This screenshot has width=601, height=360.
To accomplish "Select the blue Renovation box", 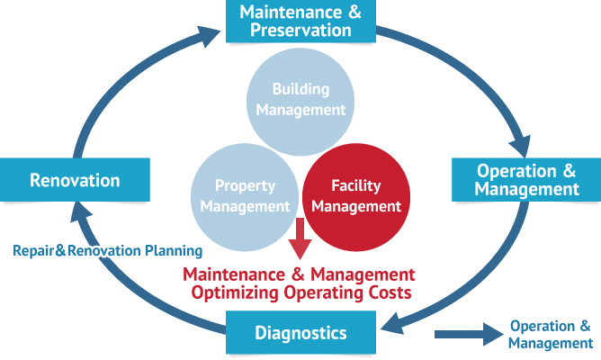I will click(75, 180).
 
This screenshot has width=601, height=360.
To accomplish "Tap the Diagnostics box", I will click(300, 334).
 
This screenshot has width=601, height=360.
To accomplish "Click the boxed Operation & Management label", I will click(526, 180).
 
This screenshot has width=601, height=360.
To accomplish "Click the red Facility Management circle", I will click(356, 196).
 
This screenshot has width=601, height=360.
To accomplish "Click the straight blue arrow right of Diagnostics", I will click(466, 335).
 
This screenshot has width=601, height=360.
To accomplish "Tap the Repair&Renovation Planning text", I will click(107, 251).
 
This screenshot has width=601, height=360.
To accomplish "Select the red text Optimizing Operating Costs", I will click(301, 292).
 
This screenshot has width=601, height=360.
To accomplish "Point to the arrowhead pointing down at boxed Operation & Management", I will click(519, 144).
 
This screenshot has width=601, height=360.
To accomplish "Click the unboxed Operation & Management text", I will click(550, 334).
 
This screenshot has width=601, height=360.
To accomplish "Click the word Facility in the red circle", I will click(356, 186).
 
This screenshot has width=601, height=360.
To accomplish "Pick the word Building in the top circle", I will click(300, 90).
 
